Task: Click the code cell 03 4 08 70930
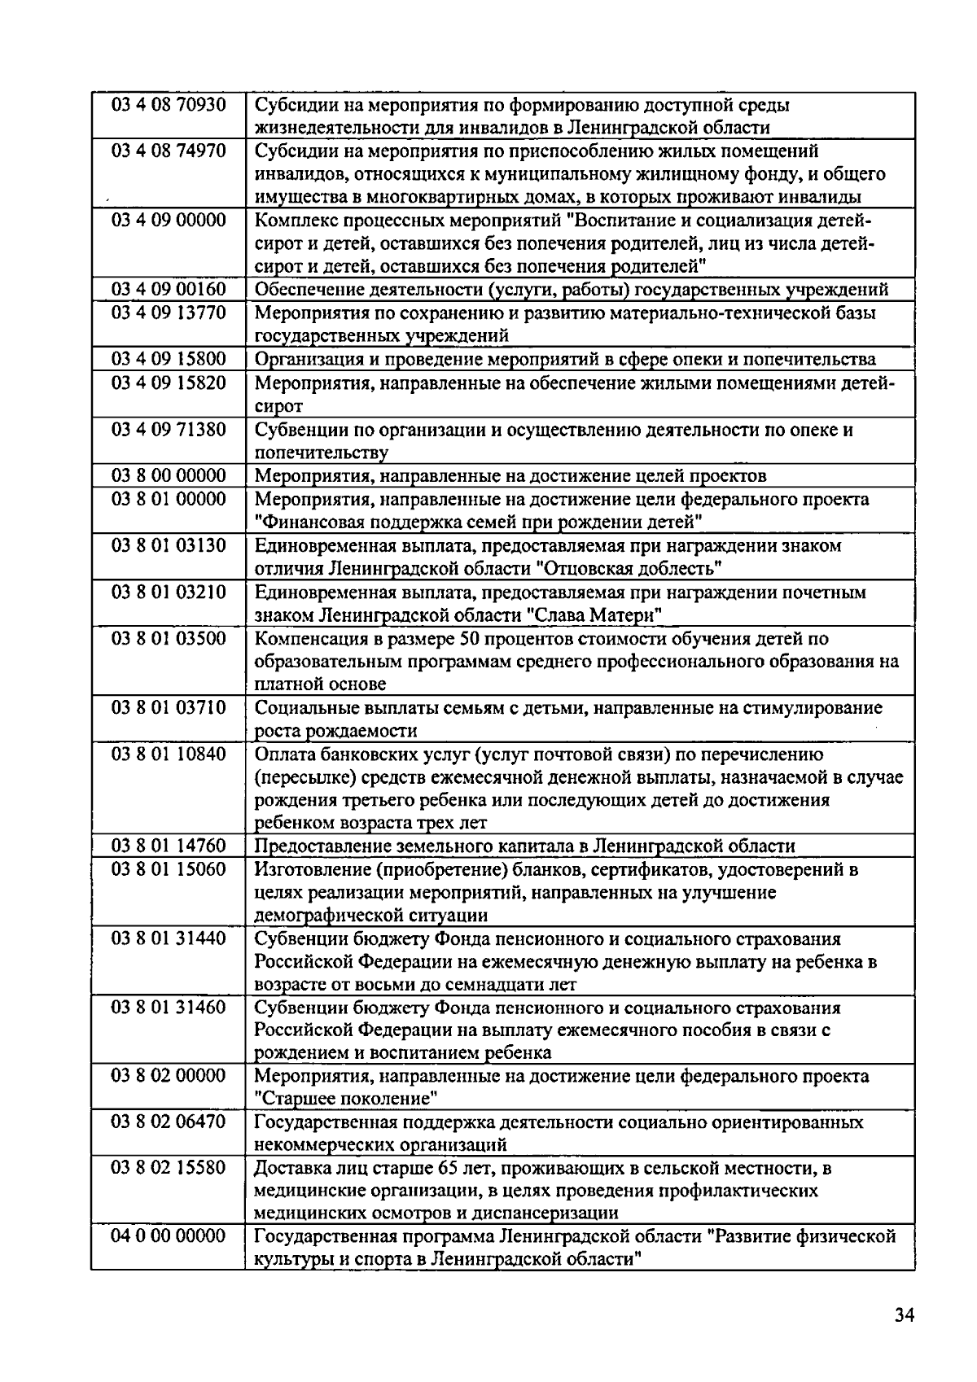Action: coord(169,104)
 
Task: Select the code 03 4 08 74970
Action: coord(169,151)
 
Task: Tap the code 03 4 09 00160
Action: coord(169,289)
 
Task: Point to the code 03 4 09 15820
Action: coord(169,383)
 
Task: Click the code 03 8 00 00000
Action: coord(169,475)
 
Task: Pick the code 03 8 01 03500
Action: coord(169,637)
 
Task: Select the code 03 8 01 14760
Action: coord(169,846)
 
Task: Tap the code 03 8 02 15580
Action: coord(169,1167)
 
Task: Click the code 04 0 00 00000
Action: coord(169,1235)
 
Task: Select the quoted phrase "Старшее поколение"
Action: coord(347,1099)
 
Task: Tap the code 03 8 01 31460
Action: coord(169,1007)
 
